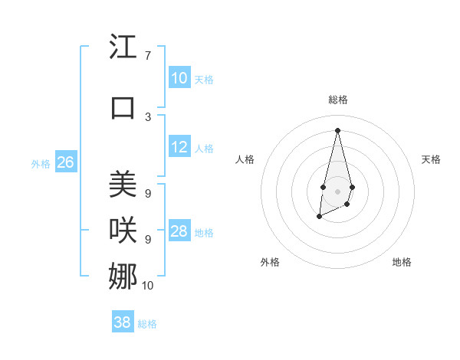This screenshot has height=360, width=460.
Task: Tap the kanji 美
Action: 124,185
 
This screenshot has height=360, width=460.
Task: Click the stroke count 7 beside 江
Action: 147,56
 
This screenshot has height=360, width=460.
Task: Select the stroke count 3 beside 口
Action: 147,116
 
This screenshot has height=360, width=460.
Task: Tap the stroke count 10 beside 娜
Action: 148,286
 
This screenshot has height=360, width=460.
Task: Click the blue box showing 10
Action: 179,77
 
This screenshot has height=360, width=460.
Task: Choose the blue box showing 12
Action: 179,147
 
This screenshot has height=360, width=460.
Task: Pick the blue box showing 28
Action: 179,231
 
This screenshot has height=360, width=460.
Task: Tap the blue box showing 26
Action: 65,162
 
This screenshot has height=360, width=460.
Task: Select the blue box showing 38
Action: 123,322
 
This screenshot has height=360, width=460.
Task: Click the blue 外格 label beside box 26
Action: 41,163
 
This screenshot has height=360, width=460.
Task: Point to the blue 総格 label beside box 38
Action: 147,324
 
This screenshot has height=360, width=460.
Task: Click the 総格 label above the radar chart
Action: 337,100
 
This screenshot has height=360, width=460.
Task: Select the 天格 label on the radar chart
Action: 431,159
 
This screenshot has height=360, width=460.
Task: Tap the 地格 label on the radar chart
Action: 402,262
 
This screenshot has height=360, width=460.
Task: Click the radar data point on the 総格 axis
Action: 337,129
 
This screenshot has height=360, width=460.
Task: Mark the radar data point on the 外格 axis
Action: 319,217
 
